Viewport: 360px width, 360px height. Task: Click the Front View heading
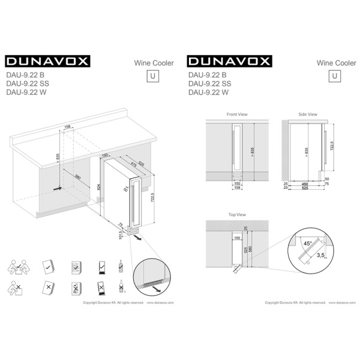click(237, 113)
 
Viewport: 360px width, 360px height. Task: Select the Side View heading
click(308, 113)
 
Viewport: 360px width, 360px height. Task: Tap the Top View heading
click(237, 214)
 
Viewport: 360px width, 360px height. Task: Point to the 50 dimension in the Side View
click(328, 179)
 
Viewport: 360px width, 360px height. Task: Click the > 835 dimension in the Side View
click(306, 151)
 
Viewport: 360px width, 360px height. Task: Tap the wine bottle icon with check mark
click(122, 266)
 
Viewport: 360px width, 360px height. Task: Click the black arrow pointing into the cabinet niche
click(57, 188)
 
